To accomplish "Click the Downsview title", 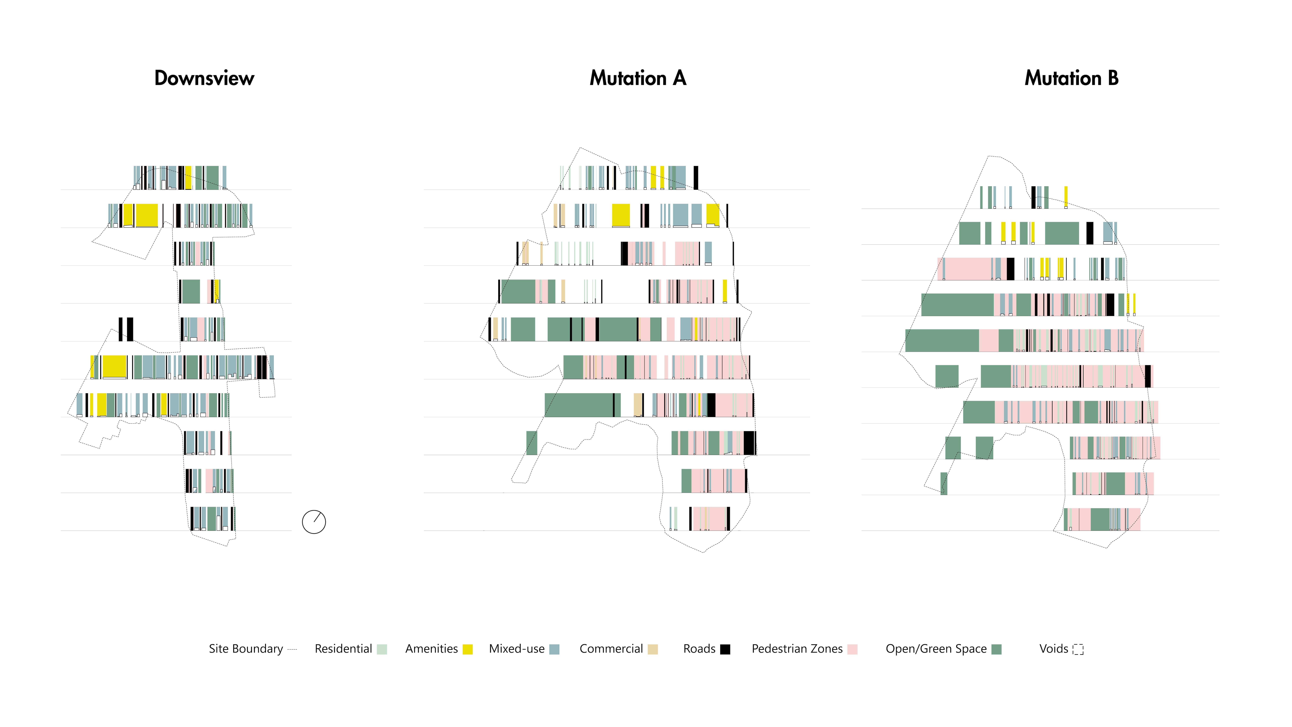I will (x=204, y=78).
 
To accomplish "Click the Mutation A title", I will (x=637, y=78).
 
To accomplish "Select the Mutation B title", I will (x=1071, y=78).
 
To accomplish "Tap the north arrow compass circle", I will (x=314, y=522).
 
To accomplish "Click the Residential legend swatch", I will (x=382, y=649).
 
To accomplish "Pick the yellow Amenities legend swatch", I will (x=467, y=649).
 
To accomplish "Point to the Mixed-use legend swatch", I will (x=554, y=649).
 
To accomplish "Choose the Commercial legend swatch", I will (x=652, y=649).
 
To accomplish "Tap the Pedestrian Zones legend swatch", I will (x=852, y=649).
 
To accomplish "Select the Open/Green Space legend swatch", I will (x=997, y=649).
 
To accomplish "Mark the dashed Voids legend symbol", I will (x=1078, y=649).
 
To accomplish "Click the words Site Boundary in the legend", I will (x=246, y=649).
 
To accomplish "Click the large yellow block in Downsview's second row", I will (x=147, y=215).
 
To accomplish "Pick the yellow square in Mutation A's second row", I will (x=621, y=215).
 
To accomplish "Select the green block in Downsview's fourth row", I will (x=191, y=291).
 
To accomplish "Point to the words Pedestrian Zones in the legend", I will (x=797, y=649).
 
